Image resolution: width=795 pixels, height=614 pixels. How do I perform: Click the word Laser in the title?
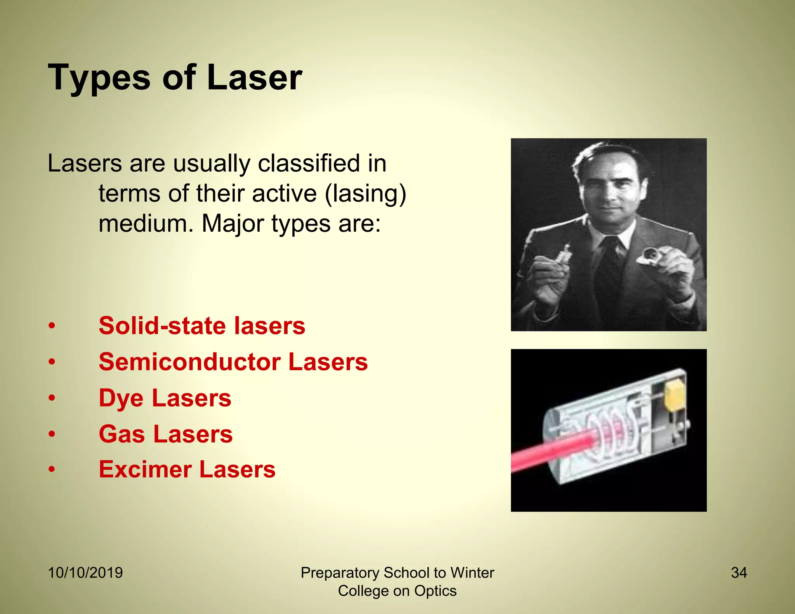click(254, 78)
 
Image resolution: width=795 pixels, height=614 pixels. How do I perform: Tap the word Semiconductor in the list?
click(189, 362)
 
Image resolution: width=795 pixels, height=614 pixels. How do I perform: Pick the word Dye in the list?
click(121, 399)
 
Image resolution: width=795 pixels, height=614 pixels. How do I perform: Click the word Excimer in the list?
click(145, 469)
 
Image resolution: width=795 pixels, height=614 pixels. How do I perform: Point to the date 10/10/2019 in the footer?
click(85, 573)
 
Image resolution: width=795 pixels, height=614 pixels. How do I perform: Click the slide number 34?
click(739, 573)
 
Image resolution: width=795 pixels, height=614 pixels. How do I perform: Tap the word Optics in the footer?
click(435, 591)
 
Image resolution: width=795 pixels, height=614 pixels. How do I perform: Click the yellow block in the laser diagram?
click(675, 396)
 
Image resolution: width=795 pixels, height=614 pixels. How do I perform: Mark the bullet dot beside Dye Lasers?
click(52, 399)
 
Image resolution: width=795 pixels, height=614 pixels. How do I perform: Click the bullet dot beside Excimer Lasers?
click(52, 470)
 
